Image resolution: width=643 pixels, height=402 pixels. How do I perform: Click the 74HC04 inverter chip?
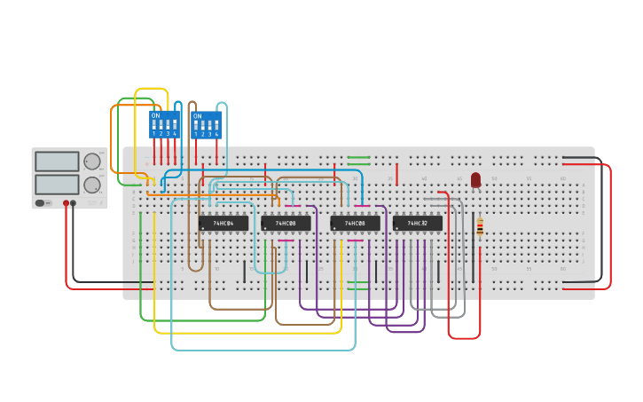click(223, 223)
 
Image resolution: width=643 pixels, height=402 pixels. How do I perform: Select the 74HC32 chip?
click(417, 223)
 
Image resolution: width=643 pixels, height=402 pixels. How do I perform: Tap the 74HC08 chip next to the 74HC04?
click(286, 223)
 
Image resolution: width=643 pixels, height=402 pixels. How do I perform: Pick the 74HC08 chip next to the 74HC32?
click(355, 223)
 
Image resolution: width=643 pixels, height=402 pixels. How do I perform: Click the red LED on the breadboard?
click(475, 180)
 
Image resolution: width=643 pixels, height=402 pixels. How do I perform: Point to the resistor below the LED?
click(480, 228)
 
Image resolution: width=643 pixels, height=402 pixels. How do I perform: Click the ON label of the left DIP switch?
click(155, 115)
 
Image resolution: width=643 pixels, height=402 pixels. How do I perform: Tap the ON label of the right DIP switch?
click(197, 116)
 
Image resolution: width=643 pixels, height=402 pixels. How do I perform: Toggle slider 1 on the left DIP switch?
click(154, 125)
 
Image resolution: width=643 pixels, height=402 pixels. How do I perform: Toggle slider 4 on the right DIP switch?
click(216, 126)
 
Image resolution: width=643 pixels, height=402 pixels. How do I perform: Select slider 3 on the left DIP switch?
click(168, 125)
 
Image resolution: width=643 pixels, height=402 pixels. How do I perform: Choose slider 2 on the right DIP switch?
click(202, 126)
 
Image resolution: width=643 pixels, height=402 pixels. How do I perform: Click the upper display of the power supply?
click(57, 162)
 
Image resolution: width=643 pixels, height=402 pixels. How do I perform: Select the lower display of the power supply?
click(57, 184)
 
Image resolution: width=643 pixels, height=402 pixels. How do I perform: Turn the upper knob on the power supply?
click(92, 162)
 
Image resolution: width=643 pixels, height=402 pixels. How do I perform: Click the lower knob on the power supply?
click(92, 185)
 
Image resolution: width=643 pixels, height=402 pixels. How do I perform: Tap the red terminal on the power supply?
click(66, 203)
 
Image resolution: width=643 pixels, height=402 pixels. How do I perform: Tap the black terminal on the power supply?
click(74, 203)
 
